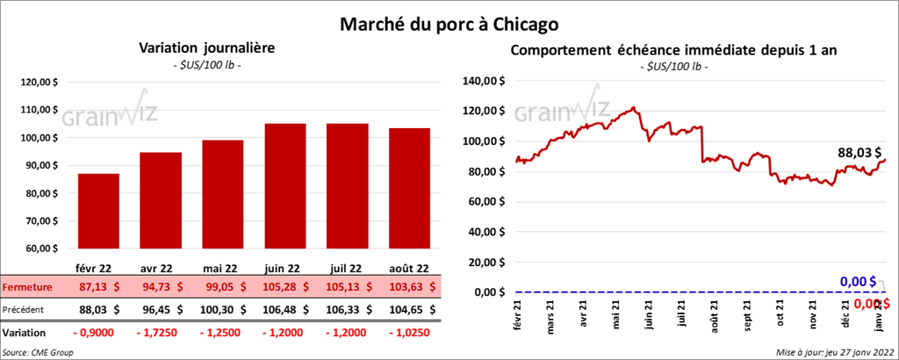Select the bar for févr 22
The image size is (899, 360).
point(98,211)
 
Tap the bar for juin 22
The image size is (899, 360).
point(285,185)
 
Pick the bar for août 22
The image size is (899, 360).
point(410,188)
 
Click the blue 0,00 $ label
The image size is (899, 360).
point(858,281)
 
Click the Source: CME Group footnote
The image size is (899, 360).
point(39,352)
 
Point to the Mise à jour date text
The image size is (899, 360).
point(834,352)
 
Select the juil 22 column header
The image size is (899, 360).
point(348,268)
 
